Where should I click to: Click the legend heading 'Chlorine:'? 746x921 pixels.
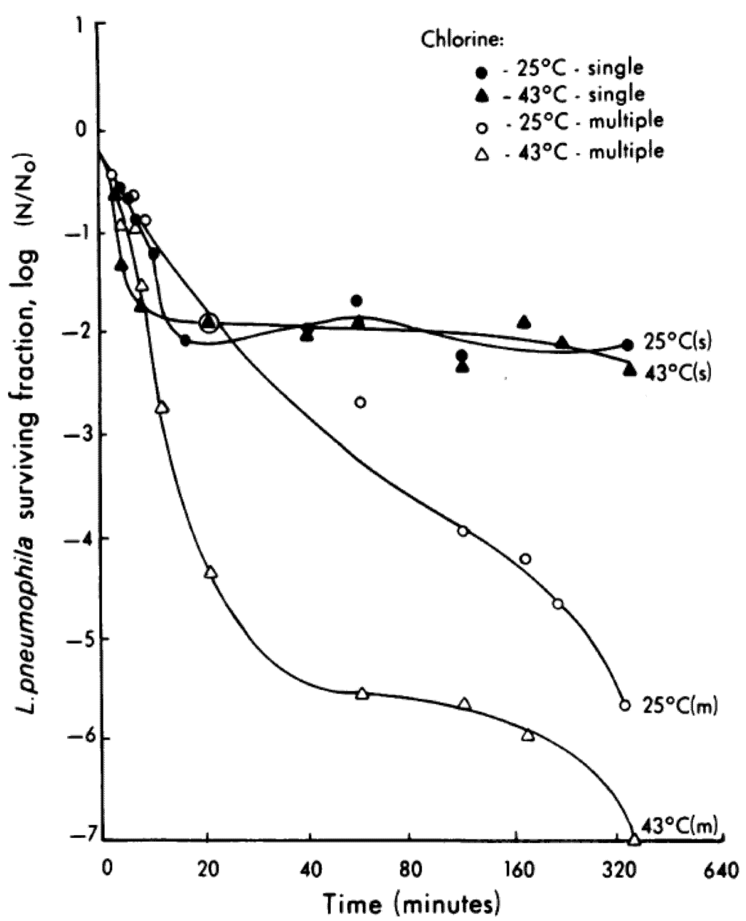(460, 41)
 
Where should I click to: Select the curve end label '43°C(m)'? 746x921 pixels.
(680, 824)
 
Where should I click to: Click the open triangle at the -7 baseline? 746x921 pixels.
(634, 839)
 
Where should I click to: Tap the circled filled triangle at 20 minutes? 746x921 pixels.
(209, 322)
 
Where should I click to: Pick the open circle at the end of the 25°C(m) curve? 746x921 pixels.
(624, 705)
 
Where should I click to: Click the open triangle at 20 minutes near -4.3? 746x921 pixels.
(211, 573)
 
